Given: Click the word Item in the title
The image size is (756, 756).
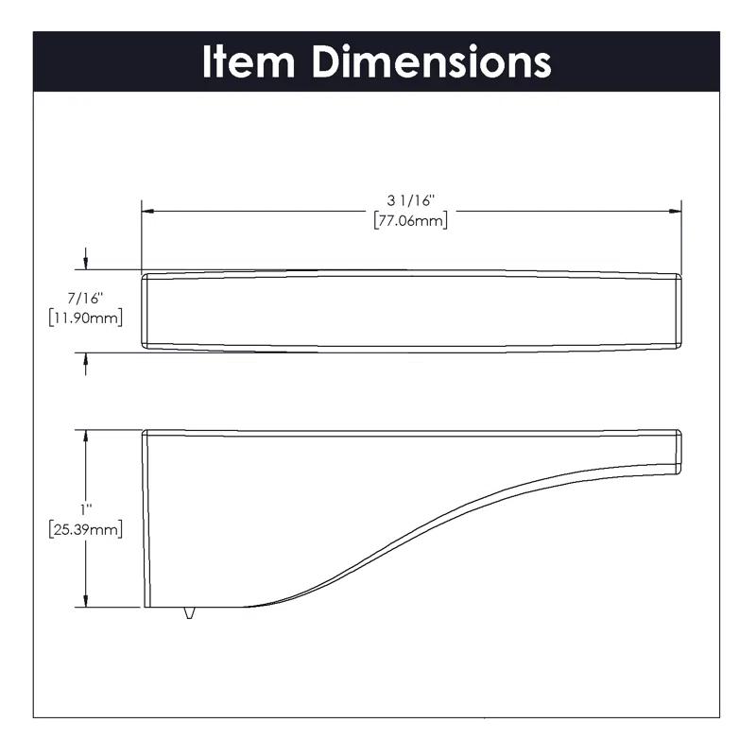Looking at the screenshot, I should [x=249, y=61].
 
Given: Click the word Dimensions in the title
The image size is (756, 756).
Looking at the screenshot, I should [x=432, y=61].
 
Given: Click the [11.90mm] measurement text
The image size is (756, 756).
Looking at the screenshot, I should [x=85, y=318].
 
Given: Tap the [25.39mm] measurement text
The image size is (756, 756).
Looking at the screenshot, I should [x=85, y=529].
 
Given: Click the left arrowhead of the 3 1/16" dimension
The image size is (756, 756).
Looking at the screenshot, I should [x=147, y=211].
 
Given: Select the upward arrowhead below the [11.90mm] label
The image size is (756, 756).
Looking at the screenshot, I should [x=86, y=360].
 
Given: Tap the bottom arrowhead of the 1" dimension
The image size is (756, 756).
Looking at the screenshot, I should [x=86, y=601].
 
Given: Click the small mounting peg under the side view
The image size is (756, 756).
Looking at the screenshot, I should [x=190, y=613].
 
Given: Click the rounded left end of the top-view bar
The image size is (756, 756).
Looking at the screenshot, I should [x=146, y=312].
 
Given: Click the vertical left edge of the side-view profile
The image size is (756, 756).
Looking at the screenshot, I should [x=144, y=520].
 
